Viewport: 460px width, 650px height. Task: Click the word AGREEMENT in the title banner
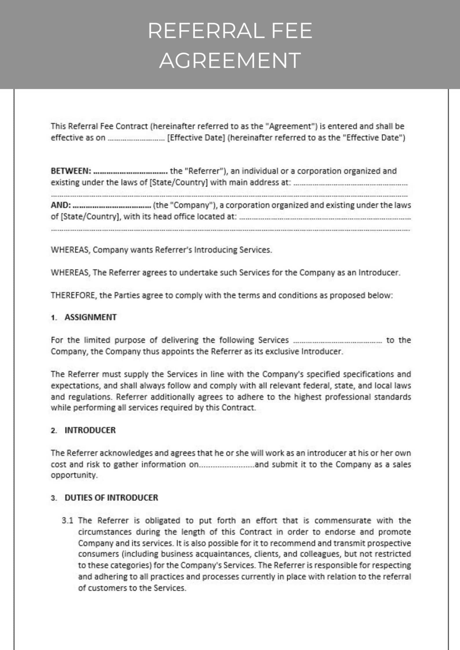pos(230,60)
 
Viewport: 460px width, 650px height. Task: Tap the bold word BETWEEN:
pos(71,171)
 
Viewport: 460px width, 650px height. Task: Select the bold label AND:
pos(61,205)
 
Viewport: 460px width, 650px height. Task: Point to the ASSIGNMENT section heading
pos(90,317)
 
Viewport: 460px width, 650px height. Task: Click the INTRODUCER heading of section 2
pos(90,430)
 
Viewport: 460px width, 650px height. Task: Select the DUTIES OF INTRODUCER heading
pos(111,498)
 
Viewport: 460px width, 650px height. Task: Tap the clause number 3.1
pos(67,521)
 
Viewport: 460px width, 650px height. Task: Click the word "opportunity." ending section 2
pos(74,475)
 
